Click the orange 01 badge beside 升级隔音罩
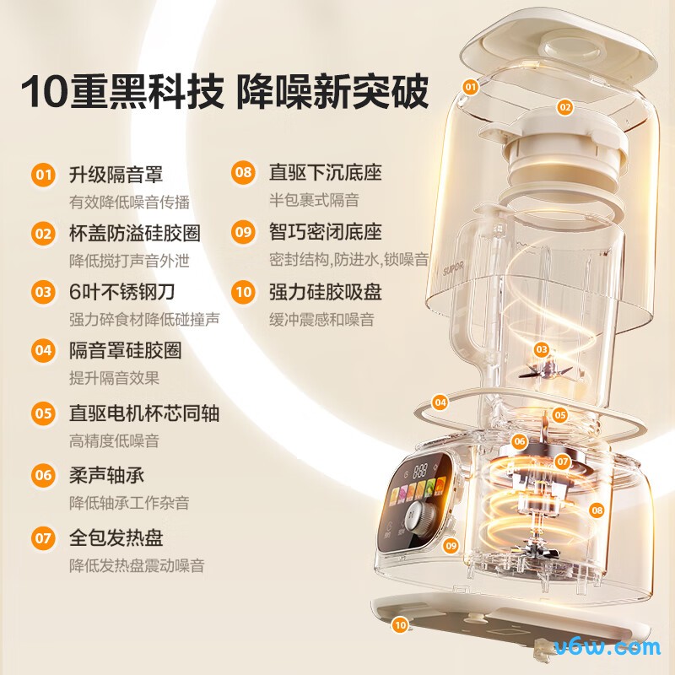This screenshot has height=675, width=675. click(43, 175)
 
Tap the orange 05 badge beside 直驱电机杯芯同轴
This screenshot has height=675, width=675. click(43, 413)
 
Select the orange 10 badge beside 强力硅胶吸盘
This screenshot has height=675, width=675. click(243, 293)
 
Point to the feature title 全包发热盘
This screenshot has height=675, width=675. click(116, 537)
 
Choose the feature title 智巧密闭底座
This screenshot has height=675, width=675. click(325, 232)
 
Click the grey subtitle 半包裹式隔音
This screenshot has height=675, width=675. click(314, 200)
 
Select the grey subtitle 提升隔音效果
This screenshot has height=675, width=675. click(114, 379)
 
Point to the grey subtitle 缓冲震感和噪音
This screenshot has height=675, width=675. click(321, 320)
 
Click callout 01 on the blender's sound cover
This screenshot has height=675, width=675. click(471, 86)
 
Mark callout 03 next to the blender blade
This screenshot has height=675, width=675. click(542, 348)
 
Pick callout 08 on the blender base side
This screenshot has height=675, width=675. click(597, 510)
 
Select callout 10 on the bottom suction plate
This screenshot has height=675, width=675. click(400, 625)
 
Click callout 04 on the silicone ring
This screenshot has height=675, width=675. click(440, 403)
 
